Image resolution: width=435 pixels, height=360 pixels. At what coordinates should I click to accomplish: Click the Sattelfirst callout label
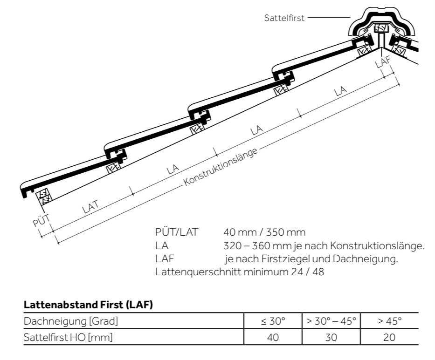click(284, 18)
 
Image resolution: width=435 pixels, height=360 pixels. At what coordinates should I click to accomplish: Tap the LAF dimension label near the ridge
click(383, 61)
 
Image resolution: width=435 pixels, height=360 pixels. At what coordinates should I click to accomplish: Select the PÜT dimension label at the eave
click(41, 220)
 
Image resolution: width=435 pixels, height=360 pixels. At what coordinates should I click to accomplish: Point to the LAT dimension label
click(90, 206)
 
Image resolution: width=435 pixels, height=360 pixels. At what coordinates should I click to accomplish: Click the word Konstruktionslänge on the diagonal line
click(221, 167)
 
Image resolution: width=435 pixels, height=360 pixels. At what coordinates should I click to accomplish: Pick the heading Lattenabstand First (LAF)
click(88, 305)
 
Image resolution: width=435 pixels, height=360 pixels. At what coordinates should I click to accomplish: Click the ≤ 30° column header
click(273, 321)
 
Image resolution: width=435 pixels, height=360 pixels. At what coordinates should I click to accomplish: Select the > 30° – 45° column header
click(331, 321)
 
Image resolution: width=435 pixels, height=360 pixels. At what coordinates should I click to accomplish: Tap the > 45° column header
click(389, 321)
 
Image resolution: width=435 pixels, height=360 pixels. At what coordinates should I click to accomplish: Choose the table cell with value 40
click(273, 337)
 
